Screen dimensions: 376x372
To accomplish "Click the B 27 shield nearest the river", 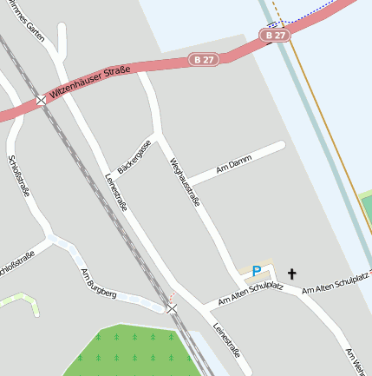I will pyautogui.click(x=274, y=36).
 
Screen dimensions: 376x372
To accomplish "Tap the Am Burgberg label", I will pyautogui.click(x=98, y=283).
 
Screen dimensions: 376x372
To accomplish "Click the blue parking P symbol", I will pyautogui.click(x=256, y=271).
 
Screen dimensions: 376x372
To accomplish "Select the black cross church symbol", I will pyautogui.click(x=291, y=274).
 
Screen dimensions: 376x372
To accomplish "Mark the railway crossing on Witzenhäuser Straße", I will pyautogui.click(x=42, y=101).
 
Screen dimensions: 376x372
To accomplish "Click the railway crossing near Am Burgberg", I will pyautogui.click(x=172, y=308).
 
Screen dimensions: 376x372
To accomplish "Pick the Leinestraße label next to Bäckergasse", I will pyautogui.click(x=116, y=192).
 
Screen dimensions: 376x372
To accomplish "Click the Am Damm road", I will pyautogui.click(x=251, y=156).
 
